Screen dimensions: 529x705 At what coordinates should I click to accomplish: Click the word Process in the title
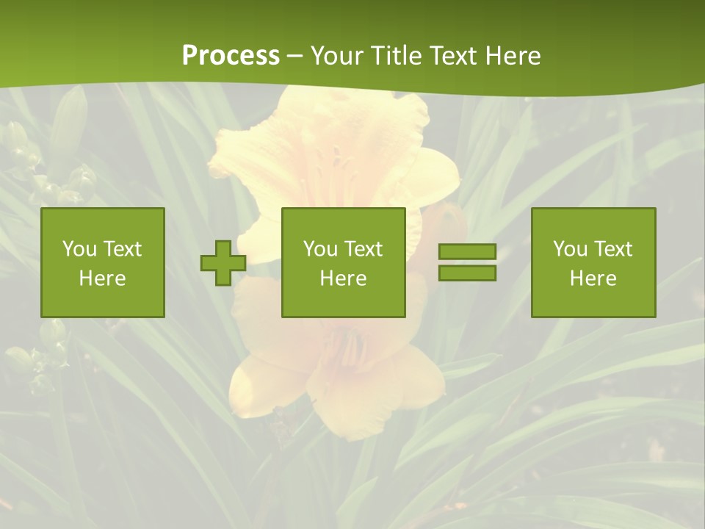pyautogui.click(x=231, y=56)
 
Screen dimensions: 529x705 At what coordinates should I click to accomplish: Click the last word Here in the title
pyautogui.click(x=513, y=56)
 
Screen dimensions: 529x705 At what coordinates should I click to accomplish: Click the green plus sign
pyautogui.click(x=223, y=262)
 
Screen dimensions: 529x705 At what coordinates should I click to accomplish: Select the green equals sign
pyautogui.click(x=467, y=262)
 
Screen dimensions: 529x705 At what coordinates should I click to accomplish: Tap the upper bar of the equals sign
pyautogui.click(x=467, y=252)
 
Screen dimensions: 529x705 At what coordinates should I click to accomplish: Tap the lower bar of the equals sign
pyautogui.click(x=467, y=273)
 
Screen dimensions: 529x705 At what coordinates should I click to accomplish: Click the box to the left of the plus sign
pyautogui.click(x=103, y=262)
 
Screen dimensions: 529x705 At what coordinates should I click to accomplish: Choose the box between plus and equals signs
pyautogui.click(x=344, y=262)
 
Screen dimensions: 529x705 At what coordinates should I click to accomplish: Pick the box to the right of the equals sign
pyautogui.click(x=593, y=262)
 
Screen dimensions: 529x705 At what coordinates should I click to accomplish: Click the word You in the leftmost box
pyautogui.click(x=79, y=249)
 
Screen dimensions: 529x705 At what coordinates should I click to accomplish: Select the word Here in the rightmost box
pyautogui.click(x=593, y=278)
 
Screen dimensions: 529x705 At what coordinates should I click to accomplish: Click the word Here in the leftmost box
pyautogui.click(x=103, y=278)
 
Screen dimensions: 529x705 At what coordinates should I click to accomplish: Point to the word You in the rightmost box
pyautogui.click(x=571, y=249)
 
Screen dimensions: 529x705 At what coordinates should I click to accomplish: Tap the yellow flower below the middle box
pyautogui.click(x=338, y=367)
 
